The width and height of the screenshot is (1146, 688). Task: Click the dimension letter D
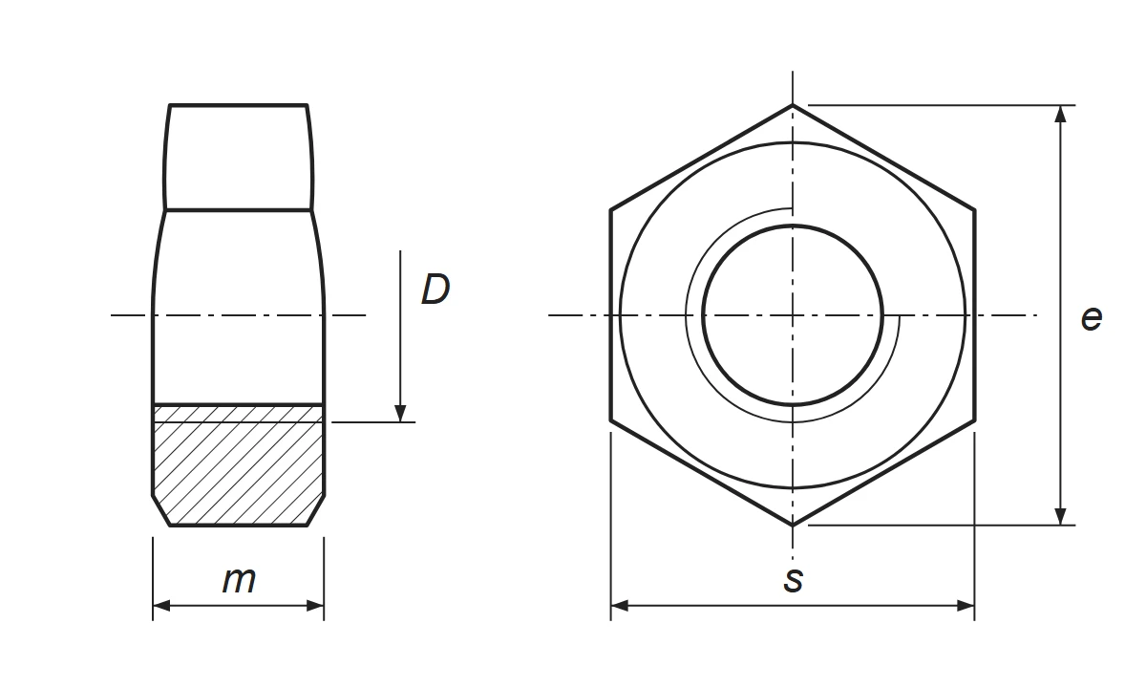[x=435, y=290]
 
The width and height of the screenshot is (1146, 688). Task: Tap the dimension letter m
[x=239, y=580]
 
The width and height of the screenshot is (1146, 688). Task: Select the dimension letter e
[x=1092, y=318]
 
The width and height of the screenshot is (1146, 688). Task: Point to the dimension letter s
[x=793, y=580]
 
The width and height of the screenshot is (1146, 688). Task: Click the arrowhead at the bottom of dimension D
[x=400, y=414]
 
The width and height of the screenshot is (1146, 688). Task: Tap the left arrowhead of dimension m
[x=161, y=606]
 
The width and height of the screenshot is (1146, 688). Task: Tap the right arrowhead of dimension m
[x=316, y=606]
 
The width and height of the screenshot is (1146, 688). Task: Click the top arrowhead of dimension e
[x=1061, y=114]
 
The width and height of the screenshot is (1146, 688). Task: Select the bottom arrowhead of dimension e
[x=1061, y=517]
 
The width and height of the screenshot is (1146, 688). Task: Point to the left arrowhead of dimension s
[x=619, y=606]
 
